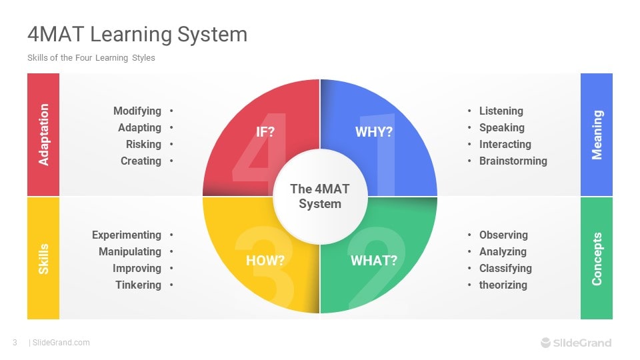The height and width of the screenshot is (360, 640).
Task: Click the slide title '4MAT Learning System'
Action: pyautogui.click(x=137, y=34)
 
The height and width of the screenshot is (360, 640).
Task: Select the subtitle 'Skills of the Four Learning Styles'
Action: pyautogui.click(x=91, y=58)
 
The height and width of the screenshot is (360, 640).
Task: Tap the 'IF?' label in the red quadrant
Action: pyautogui.click(x=265, y=132)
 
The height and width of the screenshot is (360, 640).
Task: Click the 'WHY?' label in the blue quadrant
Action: pyautogui.click(x=374, y=132)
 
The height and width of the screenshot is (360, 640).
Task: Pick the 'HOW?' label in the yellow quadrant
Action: pyautogui.click(x=265, y=261)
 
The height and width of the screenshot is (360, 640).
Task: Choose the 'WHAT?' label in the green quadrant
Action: pyautogui.click(x=374, y=261)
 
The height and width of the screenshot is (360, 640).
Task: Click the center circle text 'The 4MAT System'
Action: pyautogui.click(x=320, y=197)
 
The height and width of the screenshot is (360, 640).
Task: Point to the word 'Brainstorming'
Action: pyautogui.click(x=513, y=161)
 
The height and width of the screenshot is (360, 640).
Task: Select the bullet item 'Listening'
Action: pyautogui.click(x=501, y=111)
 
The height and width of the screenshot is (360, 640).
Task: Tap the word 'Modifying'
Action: pyautogui.click(x=137, y=111)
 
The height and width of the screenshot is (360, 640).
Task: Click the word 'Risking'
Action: pyautogui.click(x=143, y=144)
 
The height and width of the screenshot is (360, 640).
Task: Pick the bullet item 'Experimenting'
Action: pyautogui.click(x=127, y=235)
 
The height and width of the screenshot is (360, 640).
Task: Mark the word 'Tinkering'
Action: pyautogui.click(x=138, y=285)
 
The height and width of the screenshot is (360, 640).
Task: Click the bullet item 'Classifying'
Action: pyautogui.click(x=505, y=268)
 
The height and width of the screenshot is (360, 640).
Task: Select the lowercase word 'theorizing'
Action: pyautogui.click(x=503, y=285)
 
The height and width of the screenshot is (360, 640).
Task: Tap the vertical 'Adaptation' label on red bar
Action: pyautogui.click(x=44, y=135)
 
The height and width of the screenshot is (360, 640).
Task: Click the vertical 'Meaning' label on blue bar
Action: pyautogui.click(x=597, y=135)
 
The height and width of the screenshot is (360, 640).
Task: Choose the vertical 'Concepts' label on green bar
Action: pyautogui.click(x=597, y=259)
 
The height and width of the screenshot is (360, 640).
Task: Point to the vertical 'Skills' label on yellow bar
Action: pyautogui.click(x=44, y=259)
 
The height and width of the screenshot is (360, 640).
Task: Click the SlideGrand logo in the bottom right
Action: pyautogui.click(x=575, y=343)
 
